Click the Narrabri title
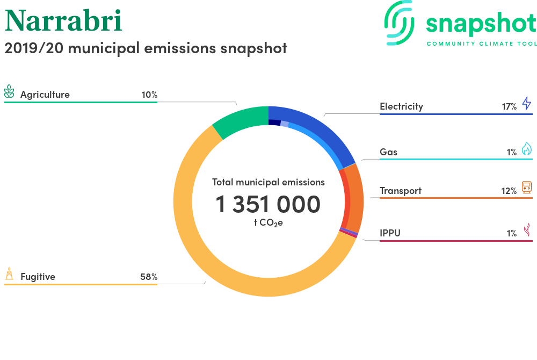coord(63,20)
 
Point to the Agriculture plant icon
coord(9,91)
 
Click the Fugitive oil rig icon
coord(9,273)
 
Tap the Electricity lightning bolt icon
coord(527,103)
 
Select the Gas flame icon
coord(527,149)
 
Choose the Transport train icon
coord(527,188)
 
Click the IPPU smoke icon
coord(527,230)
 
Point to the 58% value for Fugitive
coord(149,277)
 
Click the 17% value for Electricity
coord(509,107)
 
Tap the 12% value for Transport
coord(509,191)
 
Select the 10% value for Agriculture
coord(149,95)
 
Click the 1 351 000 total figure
coord(268,204)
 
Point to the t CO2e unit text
coord(268,223)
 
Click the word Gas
coord(388,152)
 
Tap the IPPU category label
coord(390,233)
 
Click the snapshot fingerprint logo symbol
coord(400,23)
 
